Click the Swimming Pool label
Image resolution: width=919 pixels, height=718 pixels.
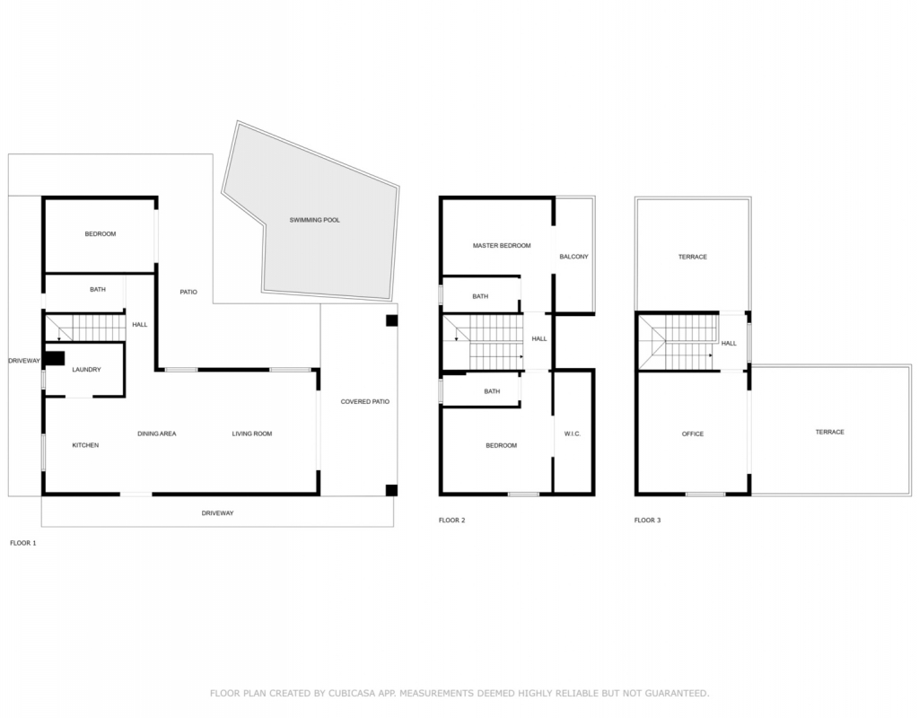coord(315,221)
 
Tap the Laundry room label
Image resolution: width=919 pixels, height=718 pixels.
coord(87,370)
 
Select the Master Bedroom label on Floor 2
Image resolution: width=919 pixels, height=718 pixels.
coord(502,246)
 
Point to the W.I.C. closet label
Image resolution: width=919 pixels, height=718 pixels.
coord(573,433)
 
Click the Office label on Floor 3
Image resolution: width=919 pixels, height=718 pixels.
coord(693,433)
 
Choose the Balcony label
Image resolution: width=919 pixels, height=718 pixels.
coord(573,257)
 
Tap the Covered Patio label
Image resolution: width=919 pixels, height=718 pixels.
coord(365,402)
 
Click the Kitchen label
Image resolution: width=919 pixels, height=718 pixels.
coord(85,445)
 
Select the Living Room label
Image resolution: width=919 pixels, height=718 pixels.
coord(252,433)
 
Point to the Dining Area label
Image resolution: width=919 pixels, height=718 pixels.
coord(157,433)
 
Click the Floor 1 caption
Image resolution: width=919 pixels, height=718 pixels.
coord(23,543)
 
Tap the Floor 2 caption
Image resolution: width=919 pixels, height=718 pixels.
coord(452,521)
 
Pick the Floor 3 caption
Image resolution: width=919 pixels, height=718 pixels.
coord(648,521)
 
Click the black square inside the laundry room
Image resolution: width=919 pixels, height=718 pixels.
coord(55,358)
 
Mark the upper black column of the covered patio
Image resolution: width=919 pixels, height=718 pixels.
coord(391,320)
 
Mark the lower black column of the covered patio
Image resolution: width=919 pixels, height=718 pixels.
coord(391,491)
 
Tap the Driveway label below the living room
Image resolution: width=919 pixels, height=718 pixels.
coord(217,513)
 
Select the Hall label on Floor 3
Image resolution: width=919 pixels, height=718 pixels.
coord(729,344)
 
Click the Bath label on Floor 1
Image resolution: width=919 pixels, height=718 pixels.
coord(98,290)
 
